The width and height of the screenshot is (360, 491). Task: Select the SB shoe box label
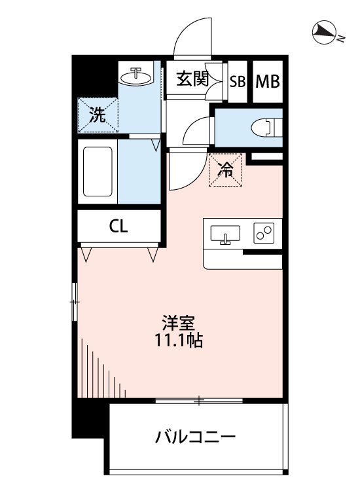pos(237,82)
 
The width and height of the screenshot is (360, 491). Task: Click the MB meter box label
pos(267,82)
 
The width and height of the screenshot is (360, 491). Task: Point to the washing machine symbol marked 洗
pos(98,115)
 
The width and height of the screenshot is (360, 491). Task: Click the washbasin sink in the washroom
pos(136,75)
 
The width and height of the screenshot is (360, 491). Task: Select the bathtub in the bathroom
pos(98,173)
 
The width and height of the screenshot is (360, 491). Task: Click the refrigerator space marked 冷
pos(226,170)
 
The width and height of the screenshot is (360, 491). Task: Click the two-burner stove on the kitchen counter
pos(264,233)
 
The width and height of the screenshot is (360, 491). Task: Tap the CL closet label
pos(118,227)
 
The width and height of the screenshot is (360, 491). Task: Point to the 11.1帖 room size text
pos(179,340)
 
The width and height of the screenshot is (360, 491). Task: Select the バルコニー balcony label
pos(195,437)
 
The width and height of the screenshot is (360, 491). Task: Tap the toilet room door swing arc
pos(196,134)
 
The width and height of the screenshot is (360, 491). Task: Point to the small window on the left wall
pos(75,302)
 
